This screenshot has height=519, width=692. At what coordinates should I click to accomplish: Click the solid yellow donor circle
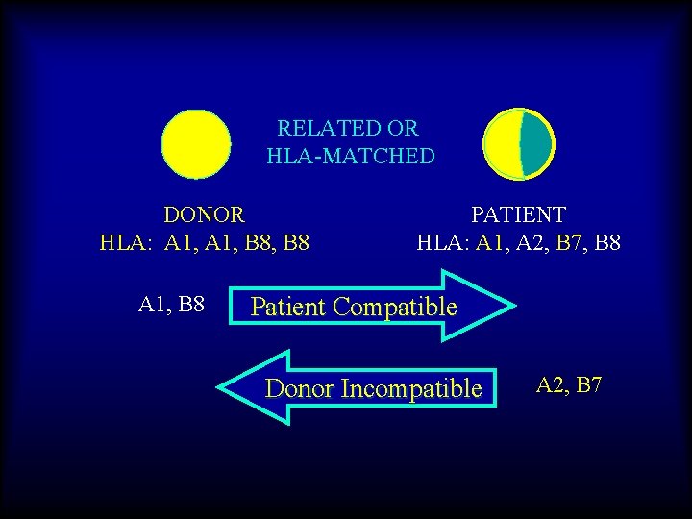196,144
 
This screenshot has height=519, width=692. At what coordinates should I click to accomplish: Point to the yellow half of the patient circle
503,143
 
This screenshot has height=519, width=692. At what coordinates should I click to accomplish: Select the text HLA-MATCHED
351,156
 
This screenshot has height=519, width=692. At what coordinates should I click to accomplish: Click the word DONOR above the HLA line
204,213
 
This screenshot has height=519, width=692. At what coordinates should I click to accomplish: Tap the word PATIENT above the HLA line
518,213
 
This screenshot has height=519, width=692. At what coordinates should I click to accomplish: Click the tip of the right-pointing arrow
513,307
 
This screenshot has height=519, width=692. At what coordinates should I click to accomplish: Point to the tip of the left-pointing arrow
220,388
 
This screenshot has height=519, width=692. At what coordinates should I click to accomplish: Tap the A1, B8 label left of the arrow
172,306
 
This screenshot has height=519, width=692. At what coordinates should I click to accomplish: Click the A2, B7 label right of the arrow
569,386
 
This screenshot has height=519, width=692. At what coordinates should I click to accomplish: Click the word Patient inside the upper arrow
288,308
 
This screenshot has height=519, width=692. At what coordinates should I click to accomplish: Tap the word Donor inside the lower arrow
298,389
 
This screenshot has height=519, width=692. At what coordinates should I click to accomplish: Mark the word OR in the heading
403,128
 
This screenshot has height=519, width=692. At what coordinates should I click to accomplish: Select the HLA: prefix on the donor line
128,241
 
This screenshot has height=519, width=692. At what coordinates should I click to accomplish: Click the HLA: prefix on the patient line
442,241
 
